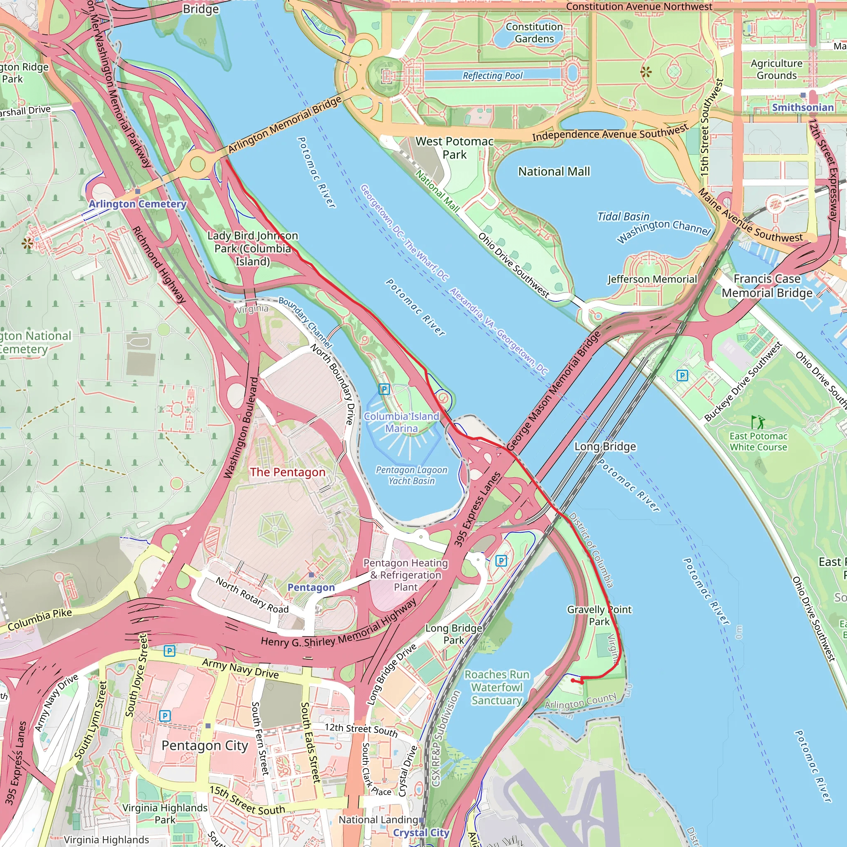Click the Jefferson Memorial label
coord(652,279)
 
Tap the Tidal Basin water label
coord(623,217)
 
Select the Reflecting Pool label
coord(492,75)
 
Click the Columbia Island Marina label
coord(401,422)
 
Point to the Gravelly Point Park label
coord(599,615)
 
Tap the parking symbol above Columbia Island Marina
coord(384,389)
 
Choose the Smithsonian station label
coord(802,108)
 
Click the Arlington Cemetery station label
coord(137,204)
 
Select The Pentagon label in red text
coord(287,472)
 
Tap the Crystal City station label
coord(421,833)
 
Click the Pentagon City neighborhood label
coord(205,746)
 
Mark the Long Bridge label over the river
coord(605,446)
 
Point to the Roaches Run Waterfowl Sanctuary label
coord(497,687)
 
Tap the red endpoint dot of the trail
coord(573,680)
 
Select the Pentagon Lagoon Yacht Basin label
coord(411,475)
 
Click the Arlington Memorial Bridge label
coord(285,124)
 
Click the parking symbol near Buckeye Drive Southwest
coord(682,375)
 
